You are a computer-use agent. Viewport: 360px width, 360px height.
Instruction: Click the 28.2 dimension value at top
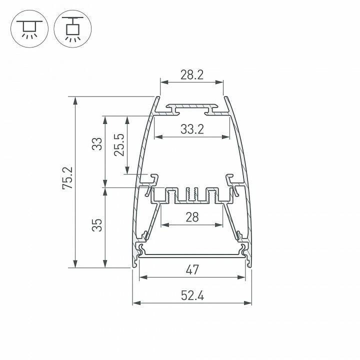[191, 75]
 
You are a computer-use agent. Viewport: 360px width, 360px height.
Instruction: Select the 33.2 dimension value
[192, 129]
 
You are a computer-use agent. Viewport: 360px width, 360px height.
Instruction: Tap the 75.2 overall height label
[68, 178]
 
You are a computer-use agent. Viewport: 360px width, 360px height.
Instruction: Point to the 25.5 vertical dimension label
[119, 145]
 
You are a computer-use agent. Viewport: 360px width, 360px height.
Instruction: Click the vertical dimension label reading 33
[97, 144]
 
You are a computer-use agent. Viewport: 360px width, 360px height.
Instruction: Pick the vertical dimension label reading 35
[97, 224]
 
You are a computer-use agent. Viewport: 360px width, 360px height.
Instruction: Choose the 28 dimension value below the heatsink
[192, 217]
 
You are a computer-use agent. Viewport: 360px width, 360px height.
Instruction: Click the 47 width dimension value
[192, 270]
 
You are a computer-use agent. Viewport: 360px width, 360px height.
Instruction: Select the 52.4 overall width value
[192, 295]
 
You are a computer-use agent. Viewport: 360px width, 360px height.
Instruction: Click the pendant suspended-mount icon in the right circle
[73, 28]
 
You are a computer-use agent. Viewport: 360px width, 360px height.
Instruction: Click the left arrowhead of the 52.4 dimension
[135, 303]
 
